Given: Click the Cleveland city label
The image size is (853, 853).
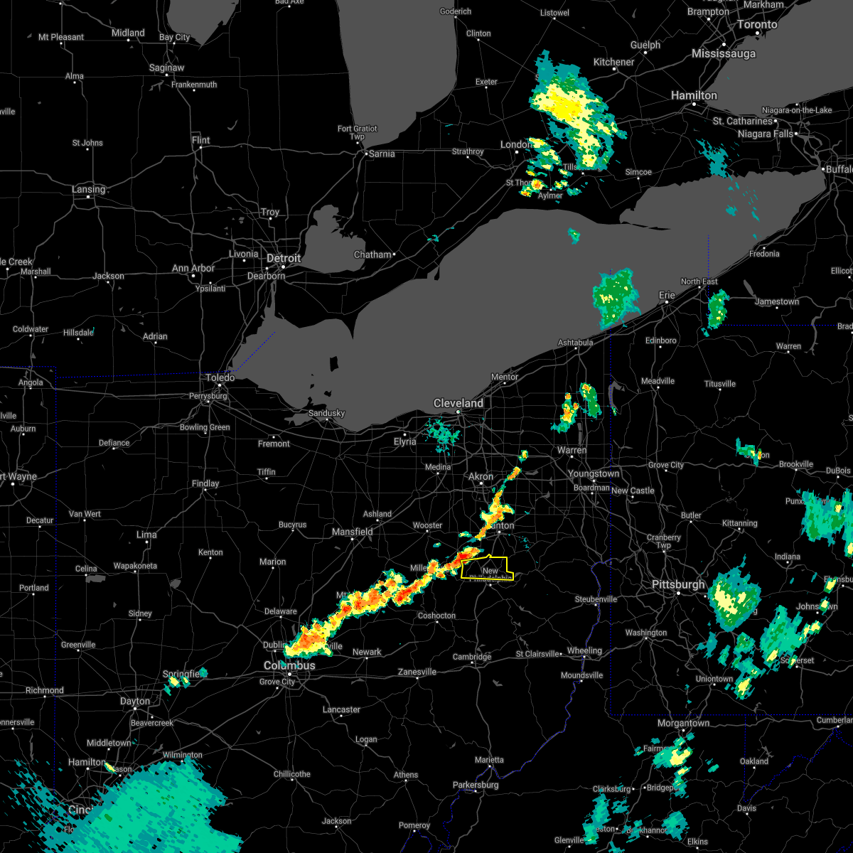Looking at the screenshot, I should point(458,403).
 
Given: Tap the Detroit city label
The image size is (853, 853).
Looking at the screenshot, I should point(284,258).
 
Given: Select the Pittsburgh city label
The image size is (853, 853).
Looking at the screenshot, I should point(679,584).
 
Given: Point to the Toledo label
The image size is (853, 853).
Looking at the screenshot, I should point(220,378).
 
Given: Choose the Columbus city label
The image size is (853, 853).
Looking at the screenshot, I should point(289,665).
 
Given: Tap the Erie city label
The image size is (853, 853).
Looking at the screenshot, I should point(667,294).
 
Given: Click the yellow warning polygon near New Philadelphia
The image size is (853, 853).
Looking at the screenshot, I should point(487,569).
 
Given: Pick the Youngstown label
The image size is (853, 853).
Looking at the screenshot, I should point(594,473).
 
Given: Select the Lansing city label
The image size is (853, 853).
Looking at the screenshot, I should point(88,189).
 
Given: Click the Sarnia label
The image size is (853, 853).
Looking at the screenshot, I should point(381,154).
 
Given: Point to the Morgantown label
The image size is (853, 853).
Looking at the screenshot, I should point(683,723).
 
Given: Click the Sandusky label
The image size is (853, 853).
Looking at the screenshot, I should point(326,413).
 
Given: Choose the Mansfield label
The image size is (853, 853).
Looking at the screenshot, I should point(353,532).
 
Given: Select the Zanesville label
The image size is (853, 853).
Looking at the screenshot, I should point(417,672).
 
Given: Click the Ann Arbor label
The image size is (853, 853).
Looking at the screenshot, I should point(193,268).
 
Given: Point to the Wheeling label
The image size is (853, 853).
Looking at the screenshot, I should point(584,650).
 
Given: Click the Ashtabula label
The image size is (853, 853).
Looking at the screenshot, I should point(575,343).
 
